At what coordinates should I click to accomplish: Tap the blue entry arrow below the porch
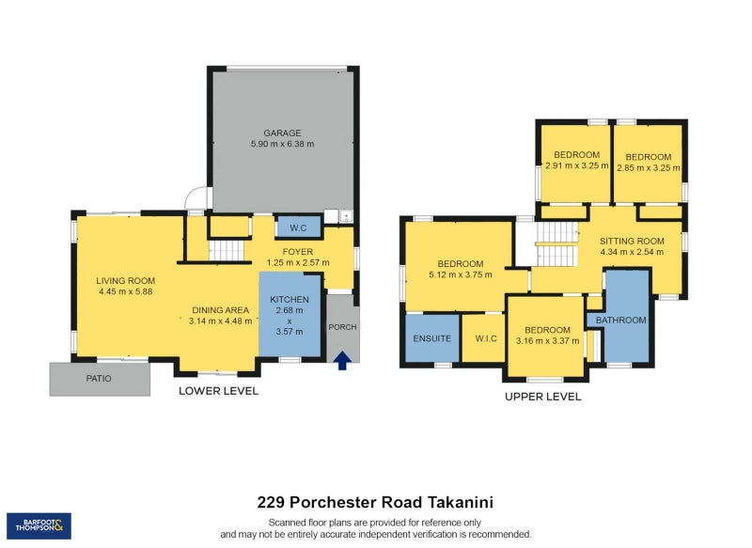[x=342, y=359]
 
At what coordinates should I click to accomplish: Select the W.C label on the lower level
[x=299, y=227]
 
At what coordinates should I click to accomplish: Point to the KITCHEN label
[x=290, y=298]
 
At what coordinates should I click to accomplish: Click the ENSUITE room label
[x=432, y=338]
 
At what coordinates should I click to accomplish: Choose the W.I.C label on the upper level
[x=486, y=338]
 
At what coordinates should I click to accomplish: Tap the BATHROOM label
[x=620, y=321]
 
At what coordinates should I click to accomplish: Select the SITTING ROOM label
[x=632, y=240]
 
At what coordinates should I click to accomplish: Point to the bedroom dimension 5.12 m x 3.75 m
[x=460, y=275]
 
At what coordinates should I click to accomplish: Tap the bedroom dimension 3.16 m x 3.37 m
[x=547, y=341]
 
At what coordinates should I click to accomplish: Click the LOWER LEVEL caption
[x=218, y=391]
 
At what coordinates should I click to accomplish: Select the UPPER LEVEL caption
[x=541, y=397]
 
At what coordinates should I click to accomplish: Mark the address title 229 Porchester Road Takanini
[x=375, y=504]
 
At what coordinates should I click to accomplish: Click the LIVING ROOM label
[x=125, y=280]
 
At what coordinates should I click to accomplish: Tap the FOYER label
[x=297, y=251]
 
